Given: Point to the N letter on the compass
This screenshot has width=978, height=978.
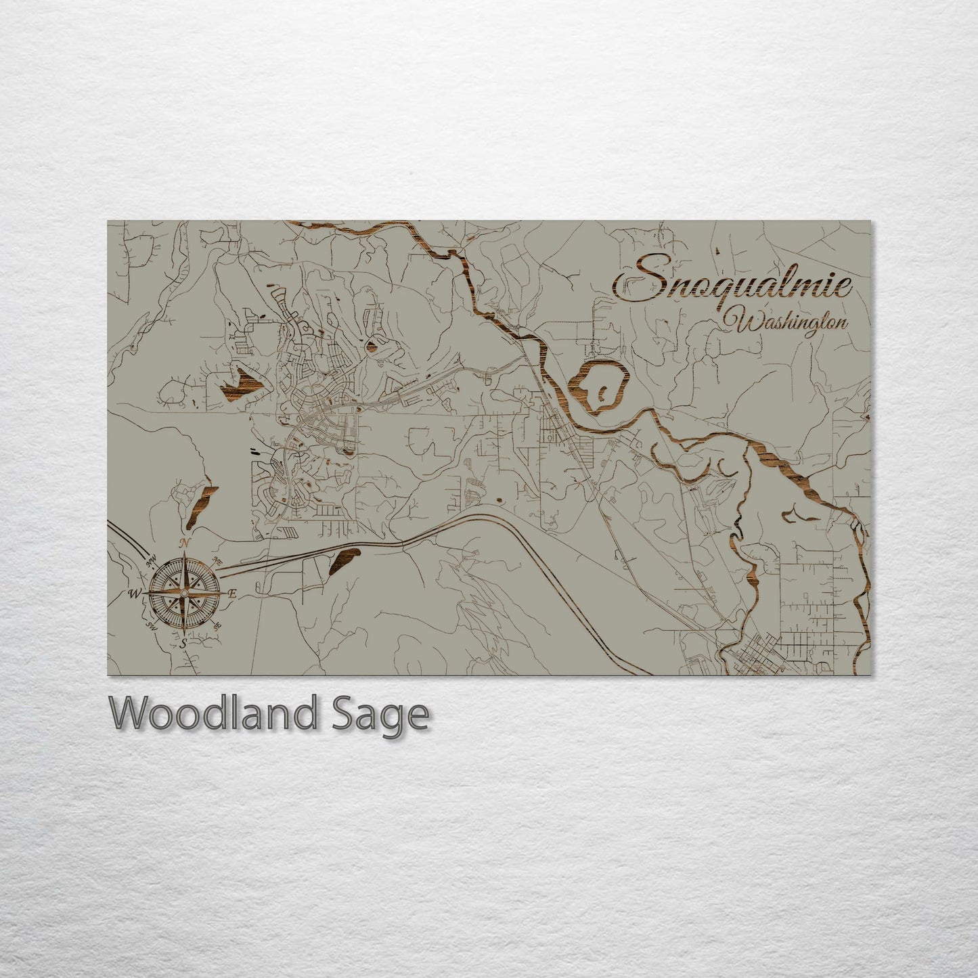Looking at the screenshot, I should click(183, 543).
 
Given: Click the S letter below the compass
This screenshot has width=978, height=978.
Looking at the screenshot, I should click(183, 644).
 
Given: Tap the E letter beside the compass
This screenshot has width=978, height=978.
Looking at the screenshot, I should click(231, 594).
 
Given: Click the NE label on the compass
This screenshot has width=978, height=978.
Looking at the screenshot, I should click(217, 560).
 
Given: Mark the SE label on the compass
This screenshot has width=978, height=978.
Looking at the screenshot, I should click(217, 626).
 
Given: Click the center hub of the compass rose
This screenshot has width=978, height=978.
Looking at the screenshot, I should click(183, 594).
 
